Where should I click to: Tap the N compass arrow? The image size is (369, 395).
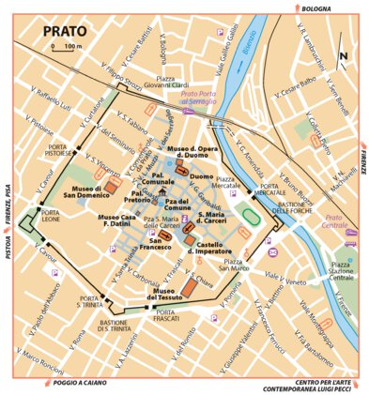343,54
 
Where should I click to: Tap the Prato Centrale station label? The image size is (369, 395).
331,224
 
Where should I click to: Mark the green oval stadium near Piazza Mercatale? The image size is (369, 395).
249,216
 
